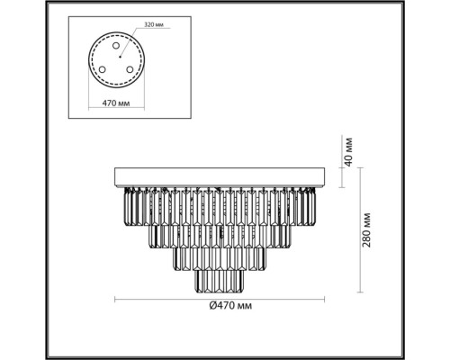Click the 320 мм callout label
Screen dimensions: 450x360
tap(154, 25)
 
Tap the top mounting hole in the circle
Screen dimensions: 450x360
tap(116, 46)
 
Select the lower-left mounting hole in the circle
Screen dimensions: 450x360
tap(103, 69)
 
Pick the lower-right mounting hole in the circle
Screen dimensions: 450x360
tap(130, 69)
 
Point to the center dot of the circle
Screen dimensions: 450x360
tap(120, 57)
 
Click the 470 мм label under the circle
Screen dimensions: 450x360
tap(116, 103)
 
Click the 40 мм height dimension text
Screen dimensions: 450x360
tap(348, 152)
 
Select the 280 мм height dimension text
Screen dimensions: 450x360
tap(366, 230)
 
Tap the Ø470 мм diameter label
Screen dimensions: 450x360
tap(230, 306)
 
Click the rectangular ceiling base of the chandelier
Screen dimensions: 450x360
tap(220, 177)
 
